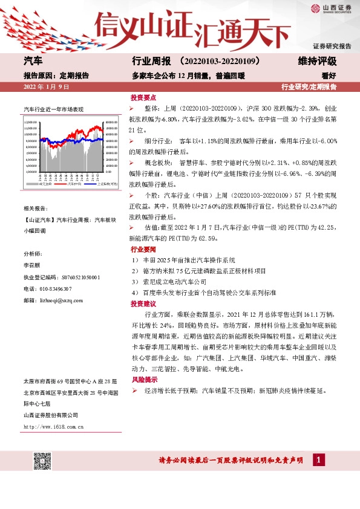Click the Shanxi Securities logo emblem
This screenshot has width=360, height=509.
[x=315, y=8]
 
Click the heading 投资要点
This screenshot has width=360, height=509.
[x=143, y=97]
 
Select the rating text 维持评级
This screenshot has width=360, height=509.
[x=317, y=62]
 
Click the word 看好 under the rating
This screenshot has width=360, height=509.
[x=329, y=76]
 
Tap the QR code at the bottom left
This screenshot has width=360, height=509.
[x=42, y=461]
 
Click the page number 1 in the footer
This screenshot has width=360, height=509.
[x=316, y=461]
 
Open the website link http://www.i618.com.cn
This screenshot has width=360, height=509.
[x=53, y=427]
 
